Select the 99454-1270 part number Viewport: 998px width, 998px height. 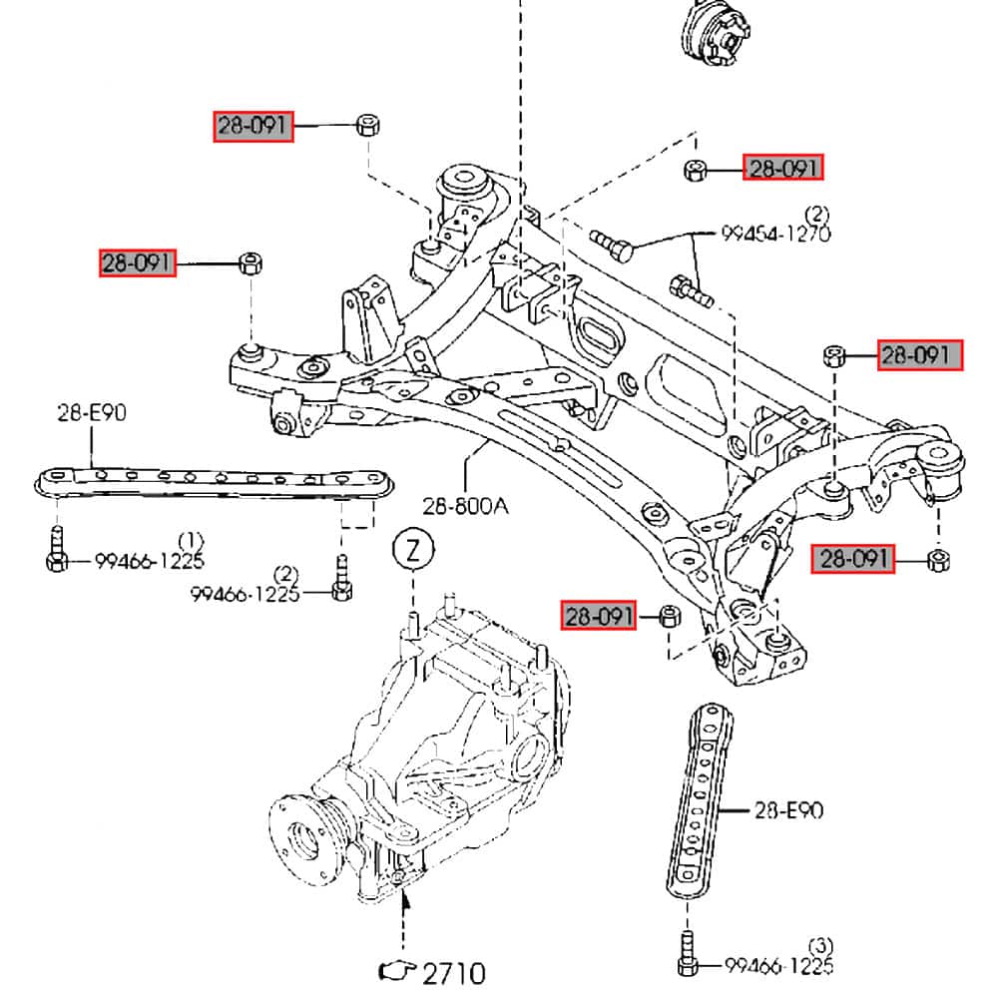[775, 235]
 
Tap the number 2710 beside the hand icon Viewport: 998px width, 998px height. [453, 971]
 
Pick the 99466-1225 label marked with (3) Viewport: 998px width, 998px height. [778, 965]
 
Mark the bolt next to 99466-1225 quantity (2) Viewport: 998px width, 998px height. [341, 583]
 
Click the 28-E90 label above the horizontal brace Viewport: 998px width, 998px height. [91, 412]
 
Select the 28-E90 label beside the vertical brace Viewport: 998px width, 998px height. [787, 810]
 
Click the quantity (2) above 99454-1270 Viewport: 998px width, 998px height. [817, 213]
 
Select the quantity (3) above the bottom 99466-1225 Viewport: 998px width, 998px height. [819, 944]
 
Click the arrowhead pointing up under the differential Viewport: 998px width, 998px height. [405, 903]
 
